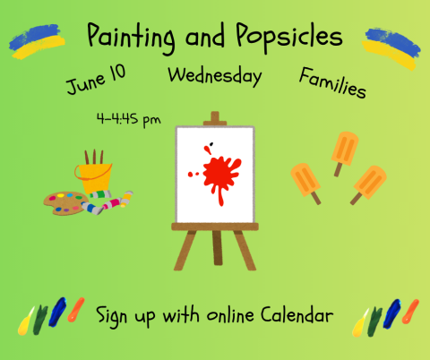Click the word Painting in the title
(131, 38)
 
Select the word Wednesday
(214, 75)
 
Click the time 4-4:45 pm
(128, 117)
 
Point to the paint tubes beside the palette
(107, 201)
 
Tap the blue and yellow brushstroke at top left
(36, 40)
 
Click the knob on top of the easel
(213, 117)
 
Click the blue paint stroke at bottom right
(391, 313)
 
